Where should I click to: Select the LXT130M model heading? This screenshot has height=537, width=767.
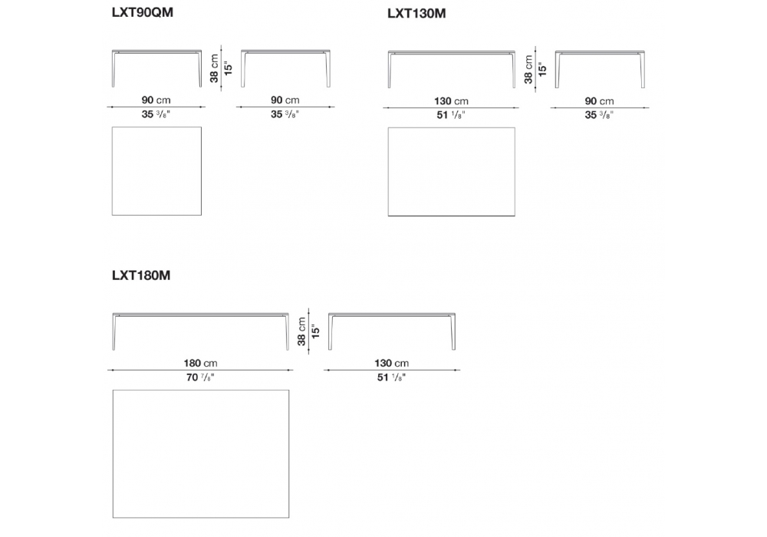tap(416, 13)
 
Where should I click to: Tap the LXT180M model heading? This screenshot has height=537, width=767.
tap(141, 275)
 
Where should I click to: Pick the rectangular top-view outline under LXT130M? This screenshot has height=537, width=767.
tap(451, 172)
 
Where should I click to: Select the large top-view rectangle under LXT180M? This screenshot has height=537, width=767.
tap(201, 455)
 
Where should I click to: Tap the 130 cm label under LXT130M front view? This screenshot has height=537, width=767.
tap(451, 101)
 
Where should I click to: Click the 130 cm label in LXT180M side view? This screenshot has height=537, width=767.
tap(391, 363)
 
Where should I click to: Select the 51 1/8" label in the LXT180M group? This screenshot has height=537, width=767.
tap(391, 377)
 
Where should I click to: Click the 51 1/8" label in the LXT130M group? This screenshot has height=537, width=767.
tap(451, 115)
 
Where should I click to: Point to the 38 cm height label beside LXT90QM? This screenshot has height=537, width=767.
tap(215, 68)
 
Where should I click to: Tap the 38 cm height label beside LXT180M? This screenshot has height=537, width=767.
tap(301, 331)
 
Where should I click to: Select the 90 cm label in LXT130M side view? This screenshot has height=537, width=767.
tap(600, 101)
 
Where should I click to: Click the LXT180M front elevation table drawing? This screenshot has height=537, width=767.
tap(201, 330)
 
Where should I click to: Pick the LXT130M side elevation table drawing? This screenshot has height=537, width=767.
tap(600, 68)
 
